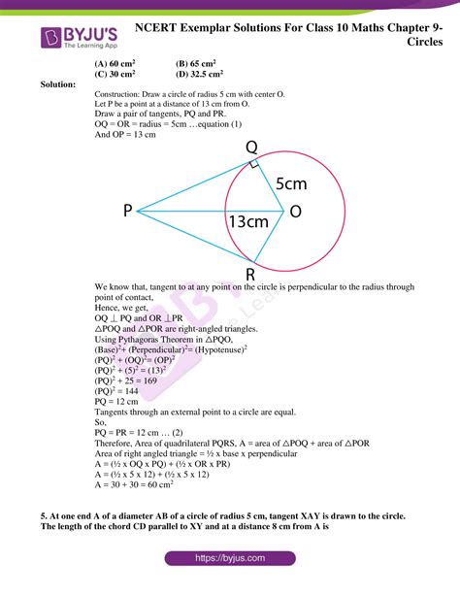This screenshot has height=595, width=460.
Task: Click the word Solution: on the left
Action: click(58, 84)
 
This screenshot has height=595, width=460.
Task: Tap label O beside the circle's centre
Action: click(296, 211)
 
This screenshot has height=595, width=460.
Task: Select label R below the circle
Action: click(250, 275)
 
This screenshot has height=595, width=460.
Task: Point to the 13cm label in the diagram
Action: click(248, 222)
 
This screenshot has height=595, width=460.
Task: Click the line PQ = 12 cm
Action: click(118, 401)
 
